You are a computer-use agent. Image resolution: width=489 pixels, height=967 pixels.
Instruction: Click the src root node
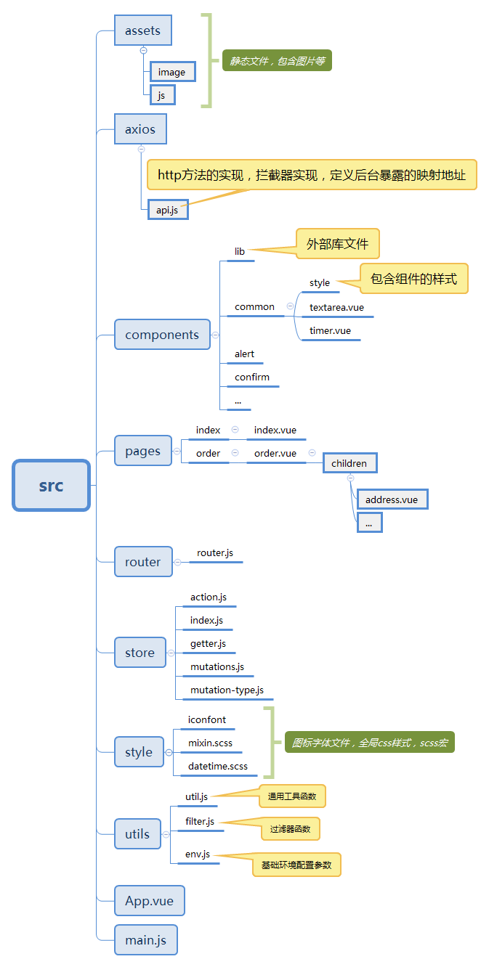(51, 486)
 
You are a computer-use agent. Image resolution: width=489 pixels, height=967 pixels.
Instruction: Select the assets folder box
(142, 30)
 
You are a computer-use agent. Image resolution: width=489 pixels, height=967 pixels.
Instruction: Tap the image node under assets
(172, 72)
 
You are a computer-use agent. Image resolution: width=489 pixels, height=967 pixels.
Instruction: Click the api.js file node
(167, 210)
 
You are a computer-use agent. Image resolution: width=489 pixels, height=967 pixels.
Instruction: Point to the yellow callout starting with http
(312, 175)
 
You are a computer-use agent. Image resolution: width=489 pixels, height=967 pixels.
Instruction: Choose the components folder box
(162, 335)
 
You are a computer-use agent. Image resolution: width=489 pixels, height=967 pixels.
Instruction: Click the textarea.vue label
(336, 307)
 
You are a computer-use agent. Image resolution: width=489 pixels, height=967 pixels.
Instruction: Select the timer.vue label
(330, 330)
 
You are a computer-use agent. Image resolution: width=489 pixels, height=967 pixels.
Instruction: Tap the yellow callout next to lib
(337, 244)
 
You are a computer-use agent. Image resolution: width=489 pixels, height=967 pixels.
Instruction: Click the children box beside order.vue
(349, 463)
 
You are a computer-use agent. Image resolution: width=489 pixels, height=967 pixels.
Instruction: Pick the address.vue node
(392, 499)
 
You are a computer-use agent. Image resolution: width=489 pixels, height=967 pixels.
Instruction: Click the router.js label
(215, 552)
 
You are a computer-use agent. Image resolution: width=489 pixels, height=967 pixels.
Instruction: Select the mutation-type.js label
(227, 690)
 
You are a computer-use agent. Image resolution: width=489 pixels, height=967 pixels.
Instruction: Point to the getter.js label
(208, 643)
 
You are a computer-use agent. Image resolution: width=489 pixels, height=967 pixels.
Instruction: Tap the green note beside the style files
(369, 742)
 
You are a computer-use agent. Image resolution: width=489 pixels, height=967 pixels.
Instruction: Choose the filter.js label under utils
(200, 821)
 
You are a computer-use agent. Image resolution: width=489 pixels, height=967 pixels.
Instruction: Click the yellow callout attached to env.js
(296, 865)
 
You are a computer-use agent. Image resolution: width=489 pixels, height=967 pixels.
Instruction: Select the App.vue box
(149, 901)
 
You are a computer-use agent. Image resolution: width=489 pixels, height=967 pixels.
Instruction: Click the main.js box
(145, 940)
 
